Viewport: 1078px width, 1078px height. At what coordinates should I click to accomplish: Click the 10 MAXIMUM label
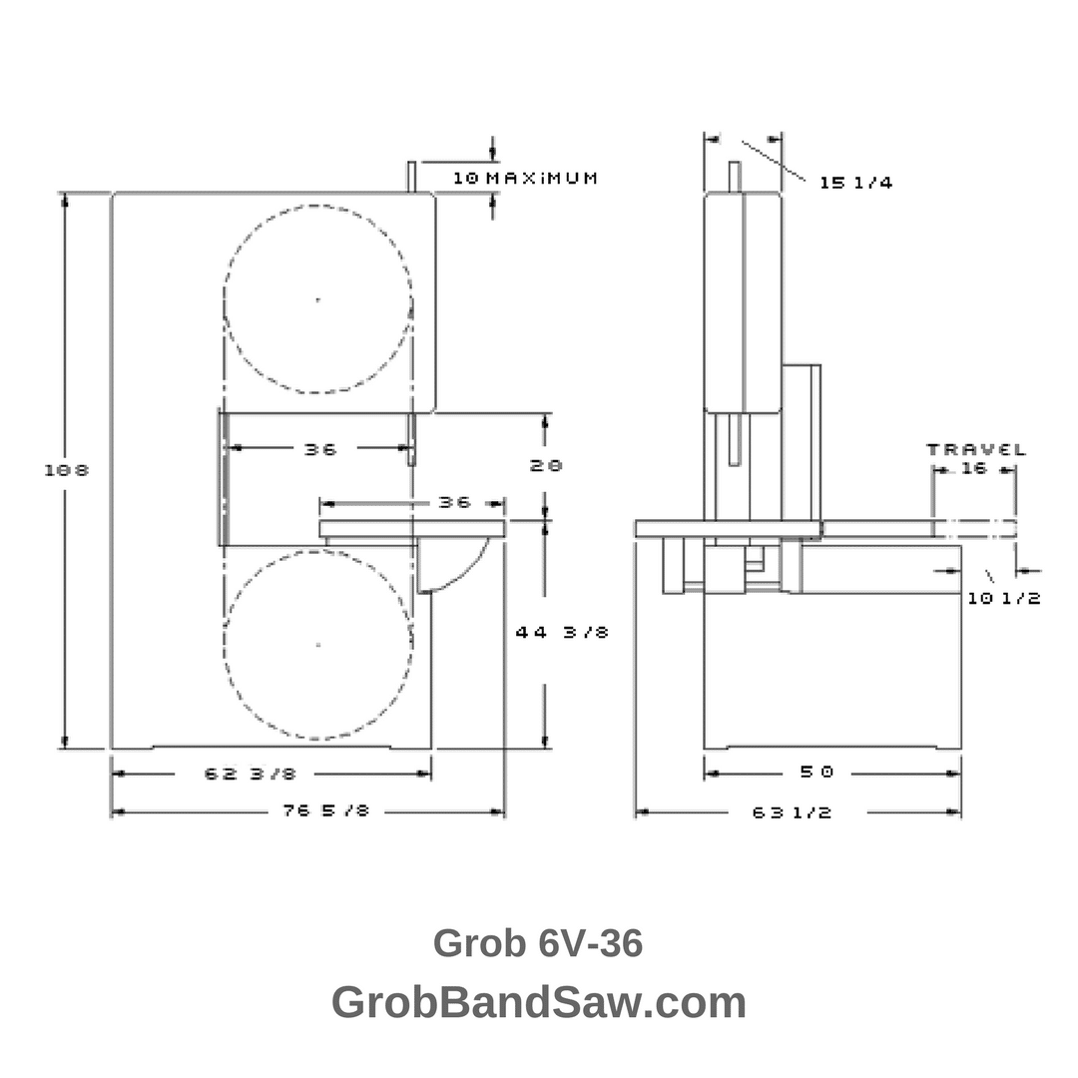[x=525, y=179]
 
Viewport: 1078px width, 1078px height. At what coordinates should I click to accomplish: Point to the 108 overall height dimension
[x=67, y=470]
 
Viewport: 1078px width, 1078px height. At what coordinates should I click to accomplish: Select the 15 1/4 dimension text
[x=855, y=183]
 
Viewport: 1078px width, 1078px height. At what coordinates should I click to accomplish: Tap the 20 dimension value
[x=547, y=465]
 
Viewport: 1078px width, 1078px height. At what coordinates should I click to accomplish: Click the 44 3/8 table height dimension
[x=562, y=632]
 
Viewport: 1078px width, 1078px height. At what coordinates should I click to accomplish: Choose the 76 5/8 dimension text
[x=325, y=811]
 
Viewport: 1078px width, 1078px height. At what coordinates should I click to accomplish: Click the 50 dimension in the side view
[x=815, y=772]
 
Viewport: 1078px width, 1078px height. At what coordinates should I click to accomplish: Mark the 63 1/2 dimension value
[x=792, y=812]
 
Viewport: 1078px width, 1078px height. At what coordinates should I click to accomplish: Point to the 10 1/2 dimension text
[x=1004, y=598]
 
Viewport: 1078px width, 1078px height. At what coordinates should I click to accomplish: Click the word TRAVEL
[x=976, y=449]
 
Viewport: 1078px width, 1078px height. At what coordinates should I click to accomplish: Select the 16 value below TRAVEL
[x=973, y=468]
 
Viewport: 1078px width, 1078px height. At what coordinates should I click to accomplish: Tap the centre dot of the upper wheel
[x=318, y=299]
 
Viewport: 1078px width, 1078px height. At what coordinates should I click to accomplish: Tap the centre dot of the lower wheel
[x=318, y=645]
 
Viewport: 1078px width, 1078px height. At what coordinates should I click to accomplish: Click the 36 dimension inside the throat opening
[x=320, y=449]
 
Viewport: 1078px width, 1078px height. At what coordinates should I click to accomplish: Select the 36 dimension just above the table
[x=454, y=502]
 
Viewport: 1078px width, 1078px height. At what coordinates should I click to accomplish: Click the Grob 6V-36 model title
[x=538, y=943]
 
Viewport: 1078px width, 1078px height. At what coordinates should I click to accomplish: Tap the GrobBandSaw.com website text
[x=538, y=1002]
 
